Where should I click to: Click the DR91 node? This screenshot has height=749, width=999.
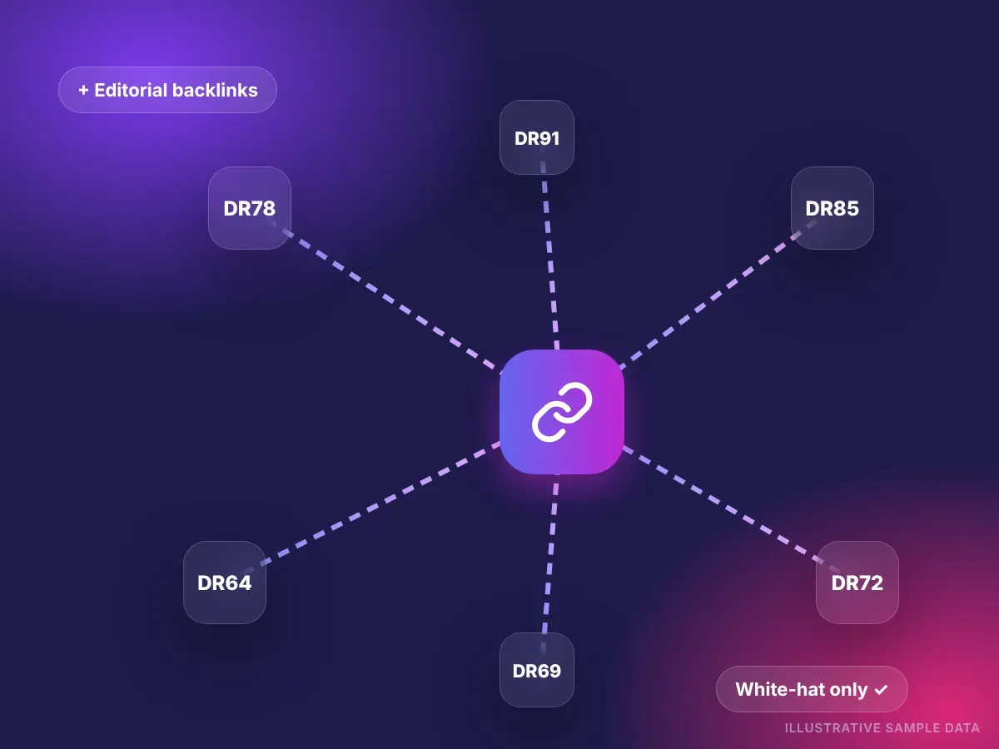click(x=537, y=137)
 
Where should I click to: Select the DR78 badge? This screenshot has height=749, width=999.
click(x=250, y=208)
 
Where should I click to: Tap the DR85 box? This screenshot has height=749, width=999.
click(x=832, y=208)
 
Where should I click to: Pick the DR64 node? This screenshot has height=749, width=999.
click(x=225, y=583)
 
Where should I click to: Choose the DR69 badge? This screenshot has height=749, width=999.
click(x=537, y=670)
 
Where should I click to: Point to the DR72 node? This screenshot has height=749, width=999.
click(x=857, y=583)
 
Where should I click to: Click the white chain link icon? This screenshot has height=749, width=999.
click(x=562, y=412)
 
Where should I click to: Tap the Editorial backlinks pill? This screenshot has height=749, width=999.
click(x=167, y=90)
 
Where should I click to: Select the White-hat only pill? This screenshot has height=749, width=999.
click(x=812, y=689)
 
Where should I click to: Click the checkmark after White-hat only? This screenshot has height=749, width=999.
click(x=881, y=690)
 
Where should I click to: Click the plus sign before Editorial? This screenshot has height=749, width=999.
click(x=83, y=90)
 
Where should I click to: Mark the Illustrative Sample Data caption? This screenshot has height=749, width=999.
click(x=882, y=728)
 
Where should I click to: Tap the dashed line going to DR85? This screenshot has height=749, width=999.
click(x=718, y=295)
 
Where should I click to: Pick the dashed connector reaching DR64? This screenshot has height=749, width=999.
click(x=372, y=506)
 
